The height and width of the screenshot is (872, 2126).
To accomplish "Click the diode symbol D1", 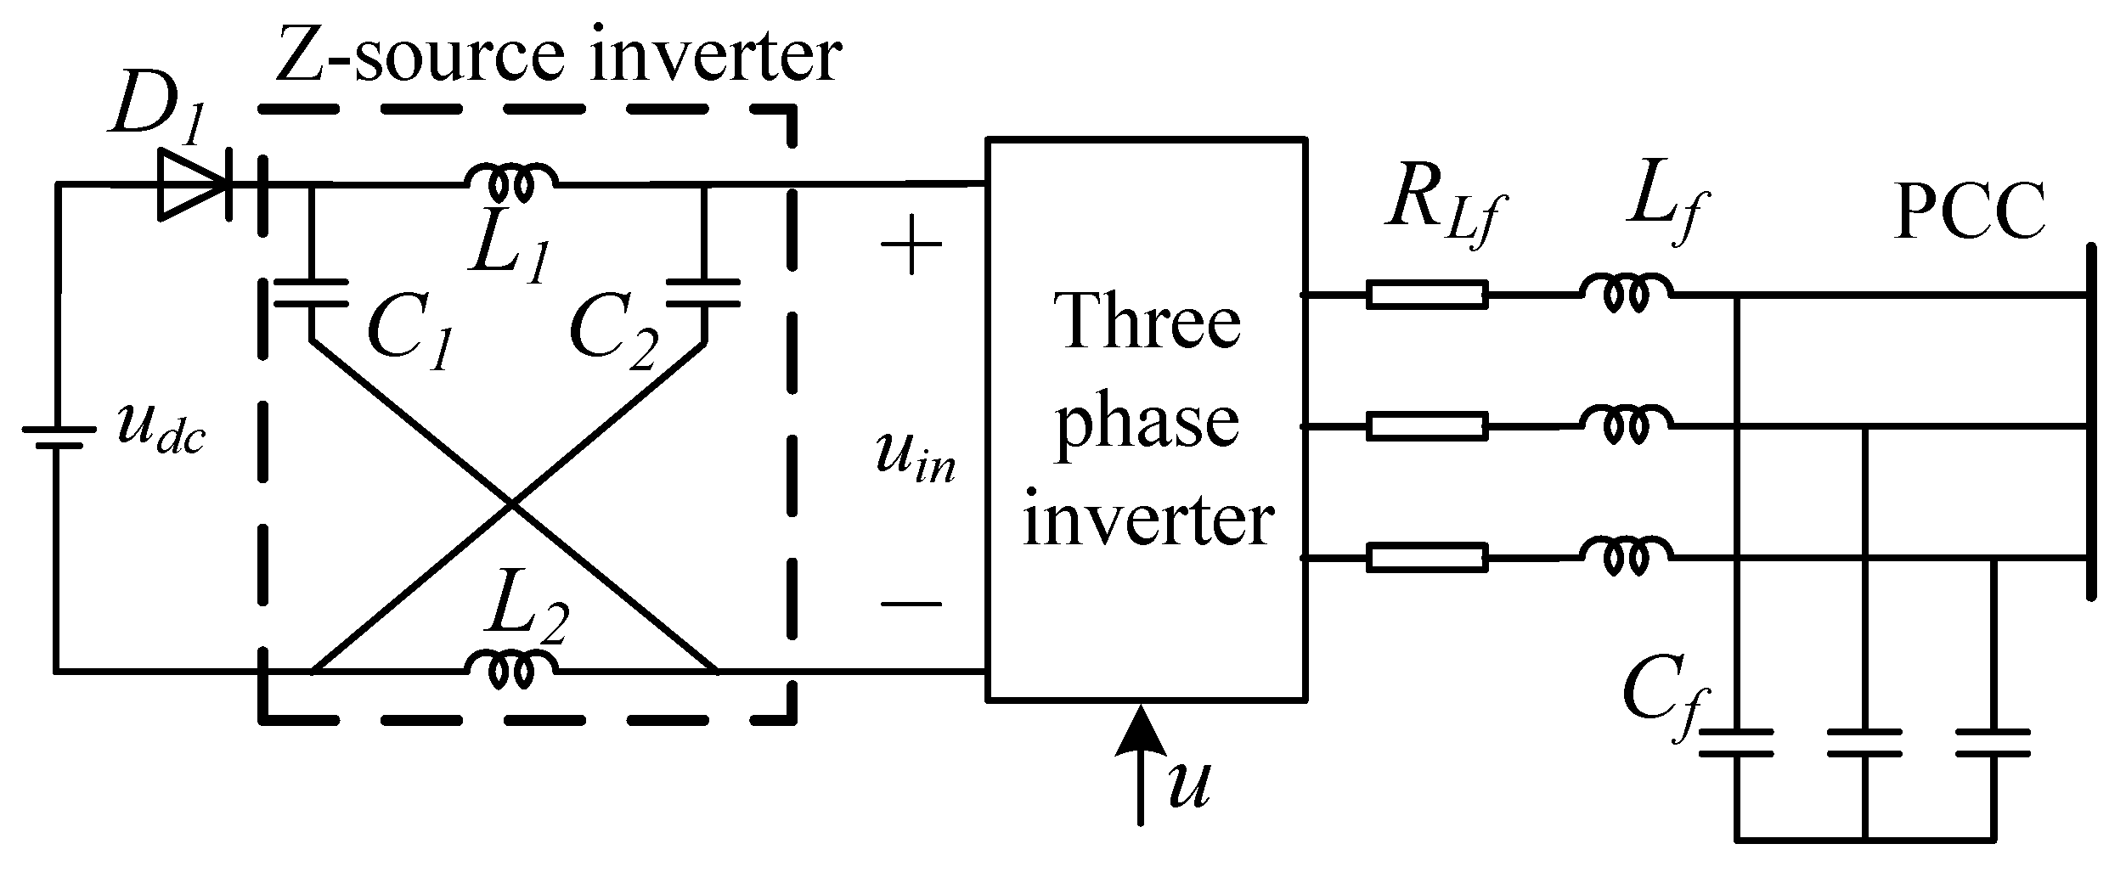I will tap(194, 185).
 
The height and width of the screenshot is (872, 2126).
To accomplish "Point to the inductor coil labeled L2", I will tap(511, 668).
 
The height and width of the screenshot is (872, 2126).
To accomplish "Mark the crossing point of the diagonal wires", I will tap(510, 504).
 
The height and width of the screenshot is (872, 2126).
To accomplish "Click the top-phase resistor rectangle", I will tap(1427, 295).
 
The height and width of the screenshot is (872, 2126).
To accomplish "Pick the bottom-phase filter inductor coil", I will tap(1625, 556).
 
